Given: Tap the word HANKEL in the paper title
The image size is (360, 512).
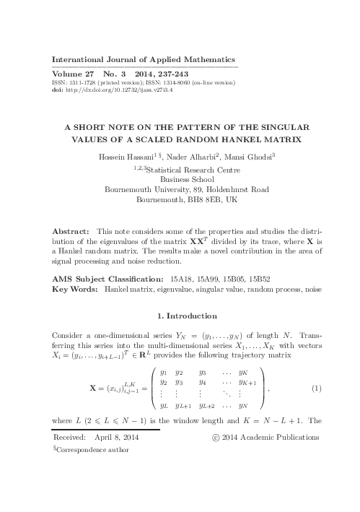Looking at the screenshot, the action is point(236,139).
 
